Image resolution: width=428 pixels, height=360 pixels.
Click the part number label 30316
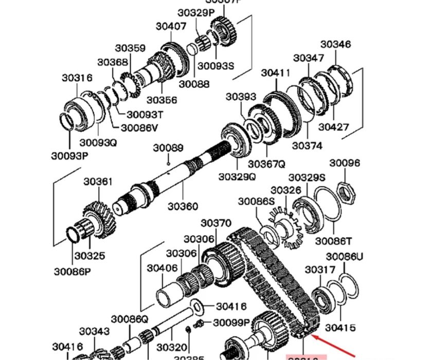click(77, 78)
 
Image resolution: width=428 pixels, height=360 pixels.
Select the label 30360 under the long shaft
click(183, 207)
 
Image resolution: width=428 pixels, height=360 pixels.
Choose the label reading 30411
click(276, 73)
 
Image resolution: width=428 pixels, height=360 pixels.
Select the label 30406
click(162, 268)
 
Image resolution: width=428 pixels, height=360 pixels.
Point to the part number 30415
click(340, 327)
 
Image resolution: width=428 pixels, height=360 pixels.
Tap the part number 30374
click(307, 146)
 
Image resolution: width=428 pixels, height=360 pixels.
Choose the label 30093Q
click(98, 142)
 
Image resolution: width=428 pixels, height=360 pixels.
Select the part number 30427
click(333, 127)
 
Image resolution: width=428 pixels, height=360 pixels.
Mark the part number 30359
click(130, 48)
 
